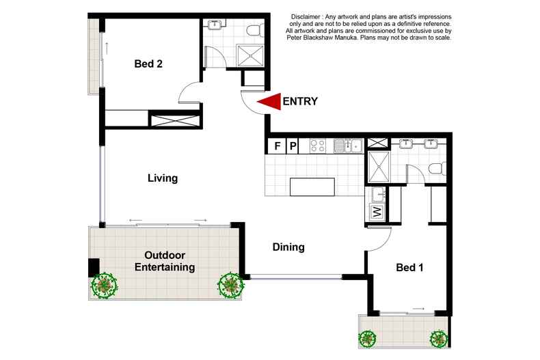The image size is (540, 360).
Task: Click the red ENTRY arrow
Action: (x=269, y=102)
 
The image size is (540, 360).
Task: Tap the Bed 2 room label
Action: (x=148, y=64)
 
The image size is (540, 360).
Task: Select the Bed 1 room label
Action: (x=409, y=267)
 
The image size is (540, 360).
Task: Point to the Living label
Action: (x=163, y=178)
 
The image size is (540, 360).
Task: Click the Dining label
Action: (x=288, y=247)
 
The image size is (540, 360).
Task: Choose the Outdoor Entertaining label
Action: (x=165, y=261)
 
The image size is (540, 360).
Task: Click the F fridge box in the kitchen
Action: (x=277, y=146)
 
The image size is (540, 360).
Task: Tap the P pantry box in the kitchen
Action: (x=293, y=146)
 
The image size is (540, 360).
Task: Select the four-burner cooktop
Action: (x=317, y=146)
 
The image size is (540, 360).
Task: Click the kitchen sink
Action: (x=348, y=146)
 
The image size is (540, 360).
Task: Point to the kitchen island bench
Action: (x=312, y=187)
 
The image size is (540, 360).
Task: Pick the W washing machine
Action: (x=377, y=211)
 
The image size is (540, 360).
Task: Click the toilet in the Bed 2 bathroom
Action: (x=255, y=30)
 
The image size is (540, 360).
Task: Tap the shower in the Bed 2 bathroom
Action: (x=250, y=55)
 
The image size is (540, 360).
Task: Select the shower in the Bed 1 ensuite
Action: (x=379, y=167)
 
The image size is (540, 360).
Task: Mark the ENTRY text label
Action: (x=300, y=102)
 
